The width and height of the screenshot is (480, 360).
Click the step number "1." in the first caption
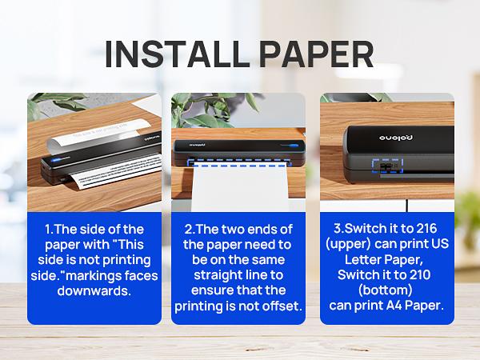tap(49, 228)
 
